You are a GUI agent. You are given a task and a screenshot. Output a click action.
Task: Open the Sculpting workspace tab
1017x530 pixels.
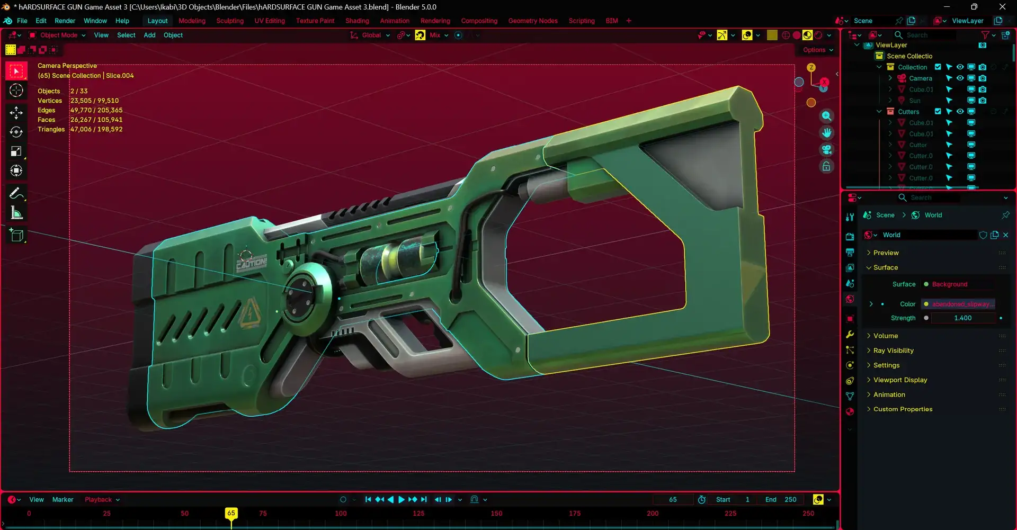pyautogui.click(x=229, y=21)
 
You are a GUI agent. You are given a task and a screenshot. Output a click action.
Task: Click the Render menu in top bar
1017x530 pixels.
pyautogui.click(x=65, y=21)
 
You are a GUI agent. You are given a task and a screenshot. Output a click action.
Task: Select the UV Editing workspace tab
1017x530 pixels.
pyautogui.click(x=269, y=21)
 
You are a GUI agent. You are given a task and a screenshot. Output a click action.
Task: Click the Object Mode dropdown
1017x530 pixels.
pyautogui.click(x=58, y=35)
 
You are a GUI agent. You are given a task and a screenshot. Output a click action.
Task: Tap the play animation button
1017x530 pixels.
pyautogui.click(x=401, y=499)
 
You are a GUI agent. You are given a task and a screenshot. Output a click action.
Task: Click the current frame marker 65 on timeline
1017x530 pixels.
pyautogui.click(x=231, y=513)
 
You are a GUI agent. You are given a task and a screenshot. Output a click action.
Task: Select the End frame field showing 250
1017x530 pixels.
pyautogui.click(x=790, y=499)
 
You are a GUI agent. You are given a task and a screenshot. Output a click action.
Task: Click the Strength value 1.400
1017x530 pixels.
pyautogui.click(x=962, y=318)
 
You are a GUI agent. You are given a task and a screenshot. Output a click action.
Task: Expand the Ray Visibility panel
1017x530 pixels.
pyautogui.click(x=893, y=351)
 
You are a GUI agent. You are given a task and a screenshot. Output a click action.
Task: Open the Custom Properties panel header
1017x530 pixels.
pyautogui.click(x=903, y=409)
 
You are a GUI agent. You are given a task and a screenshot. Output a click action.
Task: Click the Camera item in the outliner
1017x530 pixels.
pyautogui.click(x=920, y=78)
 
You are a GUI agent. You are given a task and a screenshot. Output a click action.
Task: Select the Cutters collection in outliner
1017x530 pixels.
pyautogui.click(x=908, y=112)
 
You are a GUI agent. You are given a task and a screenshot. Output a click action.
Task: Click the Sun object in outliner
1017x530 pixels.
pyautogui.click(x=914, y=101)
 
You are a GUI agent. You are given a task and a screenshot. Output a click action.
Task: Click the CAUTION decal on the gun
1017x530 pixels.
pyautogui.click(x=251, y=263)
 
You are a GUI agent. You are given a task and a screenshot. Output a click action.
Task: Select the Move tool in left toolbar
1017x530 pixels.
pyautogui.click(x=16, y=112)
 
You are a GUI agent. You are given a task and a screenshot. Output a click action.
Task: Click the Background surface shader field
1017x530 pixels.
pyautogui.click(x=958, y=284)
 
